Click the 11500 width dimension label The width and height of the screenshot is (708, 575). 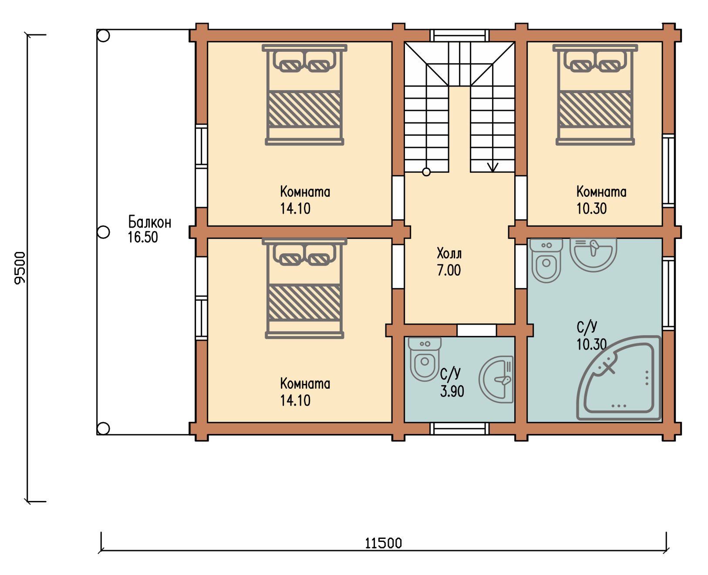click(x=383, y=544)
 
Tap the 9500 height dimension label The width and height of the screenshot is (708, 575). click(x=20, y=268)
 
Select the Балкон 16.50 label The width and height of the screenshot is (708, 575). click(x=150, y=229)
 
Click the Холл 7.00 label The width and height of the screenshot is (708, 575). click(x=449, y=262)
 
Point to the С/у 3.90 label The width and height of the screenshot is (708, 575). click(x=452, y=382)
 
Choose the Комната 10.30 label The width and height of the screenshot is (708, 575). click(x=601, y=200)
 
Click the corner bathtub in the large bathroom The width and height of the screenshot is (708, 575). click(x=619, y=378)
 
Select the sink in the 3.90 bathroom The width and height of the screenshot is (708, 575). click(x=496, y=380)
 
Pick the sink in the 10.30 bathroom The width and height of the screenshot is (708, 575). click(x=593, y=255)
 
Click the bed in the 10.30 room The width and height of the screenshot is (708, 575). click(x=595, y=94)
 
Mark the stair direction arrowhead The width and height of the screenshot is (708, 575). click(x=492, y=167)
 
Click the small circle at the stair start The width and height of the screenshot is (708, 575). click(x=426, y=172)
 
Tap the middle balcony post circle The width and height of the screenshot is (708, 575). click(x=103, y=232)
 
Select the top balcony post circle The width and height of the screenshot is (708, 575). click(x=103, y=36)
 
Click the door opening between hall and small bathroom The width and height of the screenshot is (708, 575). click(x=476, y=330)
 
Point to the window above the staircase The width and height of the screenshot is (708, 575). click(x=459, y=36)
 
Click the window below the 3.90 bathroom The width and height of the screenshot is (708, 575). click(x=459, y=428)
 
